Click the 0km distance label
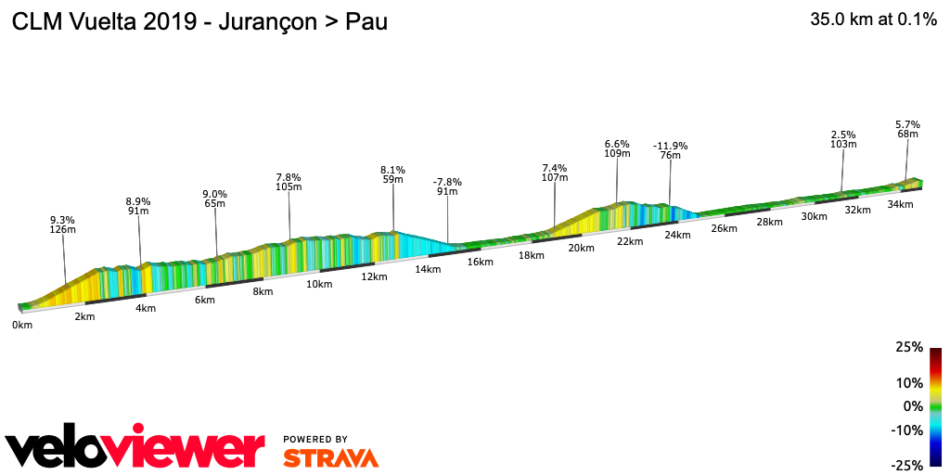(x=21, y=326)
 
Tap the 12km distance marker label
(x=374, y=276)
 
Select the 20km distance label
(x=581, y=248)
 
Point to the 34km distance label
(x=900, y=204)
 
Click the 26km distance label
(x=724, y=228)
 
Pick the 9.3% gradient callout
(x=62, y=220)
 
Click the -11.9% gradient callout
(x=670, y=146)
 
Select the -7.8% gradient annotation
(x=447, y=182)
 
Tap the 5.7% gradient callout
(x=907, y=124)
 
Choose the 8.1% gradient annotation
(x=392, y=170)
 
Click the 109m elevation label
(x=617, y=154)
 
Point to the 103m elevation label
(x=843, y=145)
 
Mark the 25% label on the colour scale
(x=909, y=348)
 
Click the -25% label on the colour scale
(x=906, y=465)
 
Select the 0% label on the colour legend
(x=913, y=406)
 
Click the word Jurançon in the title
(x=269, y=22)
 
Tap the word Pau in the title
(x=366, y=22)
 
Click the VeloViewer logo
(x=135, y=449)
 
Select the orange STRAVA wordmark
(x=330, y=458)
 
